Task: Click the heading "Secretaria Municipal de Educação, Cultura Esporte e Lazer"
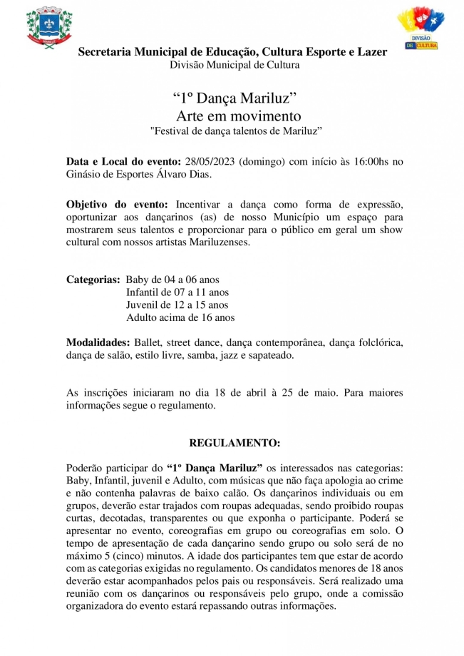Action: tap(232, 52)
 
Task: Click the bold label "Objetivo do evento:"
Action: tap(118, 204)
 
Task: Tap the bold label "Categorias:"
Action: tap(93, 280)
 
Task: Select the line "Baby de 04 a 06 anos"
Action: tap(172, 280)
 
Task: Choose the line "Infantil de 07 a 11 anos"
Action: tap(177, 292)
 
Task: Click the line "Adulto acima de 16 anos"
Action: tap(180, 318)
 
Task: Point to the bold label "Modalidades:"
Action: tap(98, 342)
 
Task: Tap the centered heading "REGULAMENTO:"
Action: tap(234, 443)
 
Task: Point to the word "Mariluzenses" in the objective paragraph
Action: tap(221, 242)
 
